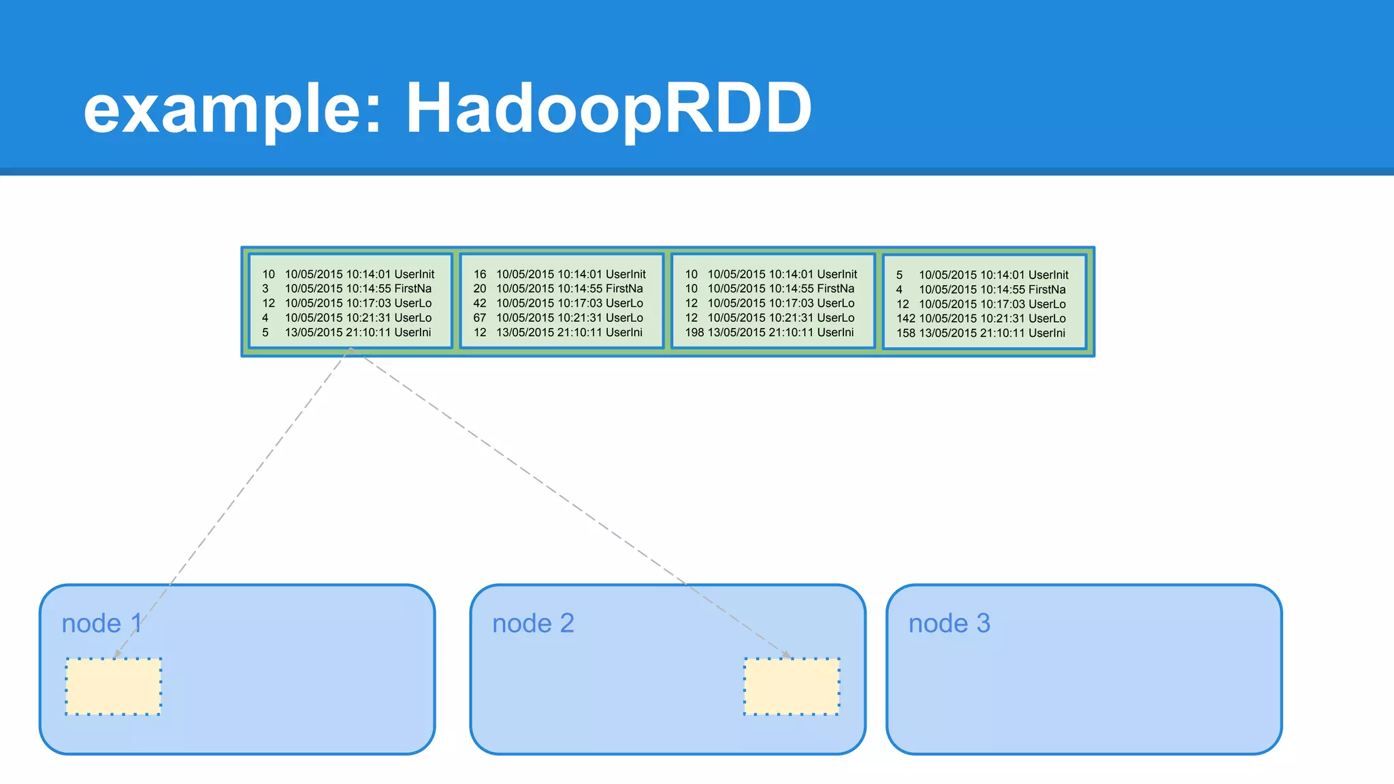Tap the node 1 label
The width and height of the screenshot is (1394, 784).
101,623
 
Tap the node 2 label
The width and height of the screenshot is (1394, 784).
533,623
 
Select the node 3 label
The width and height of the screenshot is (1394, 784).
949,623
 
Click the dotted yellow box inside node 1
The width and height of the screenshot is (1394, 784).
113,686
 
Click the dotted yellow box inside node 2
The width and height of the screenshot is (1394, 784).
792,686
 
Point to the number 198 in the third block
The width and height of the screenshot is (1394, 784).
694,332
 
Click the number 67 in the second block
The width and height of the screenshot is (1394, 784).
480,318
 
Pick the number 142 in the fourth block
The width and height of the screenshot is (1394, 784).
905,318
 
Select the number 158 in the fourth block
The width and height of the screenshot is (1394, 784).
905,333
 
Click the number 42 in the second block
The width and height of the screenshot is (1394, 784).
480,304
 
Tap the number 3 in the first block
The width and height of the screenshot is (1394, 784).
265,289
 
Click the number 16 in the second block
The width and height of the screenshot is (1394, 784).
480,274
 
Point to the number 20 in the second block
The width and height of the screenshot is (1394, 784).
480,289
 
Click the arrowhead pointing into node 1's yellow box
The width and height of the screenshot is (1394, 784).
117,654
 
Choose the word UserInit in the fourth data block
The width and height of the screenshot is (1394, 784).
1048,275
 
